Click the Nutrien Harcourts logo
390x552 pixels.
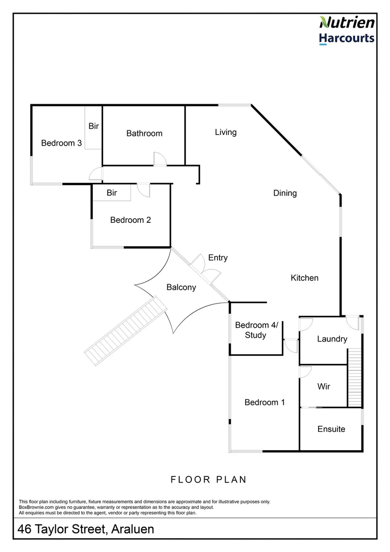point(347,30)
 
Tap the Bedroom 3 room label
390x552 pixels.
point(61,143)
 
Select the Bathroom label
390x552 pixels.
point(144,133)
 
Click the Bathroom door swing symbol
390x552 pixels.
point(160,159)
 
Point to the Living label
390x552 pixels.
point(226,132)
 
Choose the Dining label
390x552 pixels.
point(285,193)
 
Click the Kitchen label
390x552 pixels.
point(305,278)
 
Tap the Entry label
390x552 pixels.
point(218,258)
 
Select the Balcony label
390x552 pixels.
point(181,288)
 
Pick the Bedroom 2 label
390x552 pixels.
point(131,220)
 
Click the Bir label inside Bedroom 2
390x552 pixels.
point(112,193)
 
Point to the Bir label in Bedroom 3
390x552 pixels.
point(93,126)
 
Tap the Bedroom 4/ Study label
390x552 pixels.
point(255,330)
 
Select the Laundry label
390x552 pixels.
point(332,339)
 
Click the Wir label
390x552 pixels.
point(324,386)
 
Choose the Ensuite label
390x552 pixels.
point(331,429)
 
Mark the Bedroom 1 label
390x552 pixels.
point(264,403)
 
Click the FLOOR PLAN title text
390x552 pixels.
point(208,479)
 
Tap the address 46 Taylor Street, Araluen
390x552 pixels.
point(86,530)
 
